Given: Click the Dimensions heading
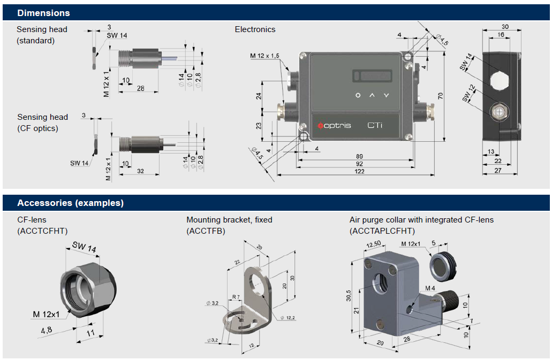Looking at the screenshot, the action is click(43, 13).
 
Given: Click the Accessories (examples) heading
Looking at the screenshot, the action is click(71, 203).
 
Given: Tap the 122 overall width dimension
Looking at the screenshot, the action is click(359, 171).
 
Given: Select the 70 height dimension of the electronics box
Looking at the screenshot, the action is click(441, 96).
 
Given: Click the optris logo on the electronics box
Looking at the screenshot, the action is click(334, 125).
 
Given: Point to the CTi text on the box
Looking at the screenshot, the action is click(375, 125).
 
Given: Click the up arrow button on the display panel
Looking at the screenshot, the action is click(372, 95).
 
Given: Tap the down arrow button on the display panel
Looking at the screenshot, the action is click(387, 95).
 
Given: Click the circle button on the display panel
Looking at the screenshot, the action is click(358, 95).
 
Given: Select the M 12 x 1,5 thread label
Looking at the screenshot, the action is click(264, 56).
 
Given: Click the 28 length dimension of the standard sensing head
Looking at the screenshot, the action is click(140, 88).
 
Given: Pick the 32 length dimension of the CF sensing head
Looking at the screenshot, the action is click(140, 171).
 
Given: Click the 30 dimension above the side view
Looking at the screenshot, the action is click(505, 27).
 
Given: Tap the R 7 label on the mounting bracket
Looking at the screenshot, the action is click(236, 297).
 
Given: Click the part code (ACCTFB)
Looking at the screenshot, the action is click(206, 231).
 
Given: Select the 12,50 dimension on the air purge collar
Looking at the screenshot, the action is click(374, 244).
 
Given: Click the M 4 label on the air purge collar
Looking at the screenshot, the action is click(430, 288).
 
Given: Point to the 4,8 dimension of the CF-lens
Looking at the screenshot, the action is click(47, 330).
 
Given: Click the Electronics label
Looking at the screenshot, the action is click(255, 29).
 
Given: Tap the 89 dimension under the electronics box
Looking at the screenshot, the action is click(359, 156).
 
